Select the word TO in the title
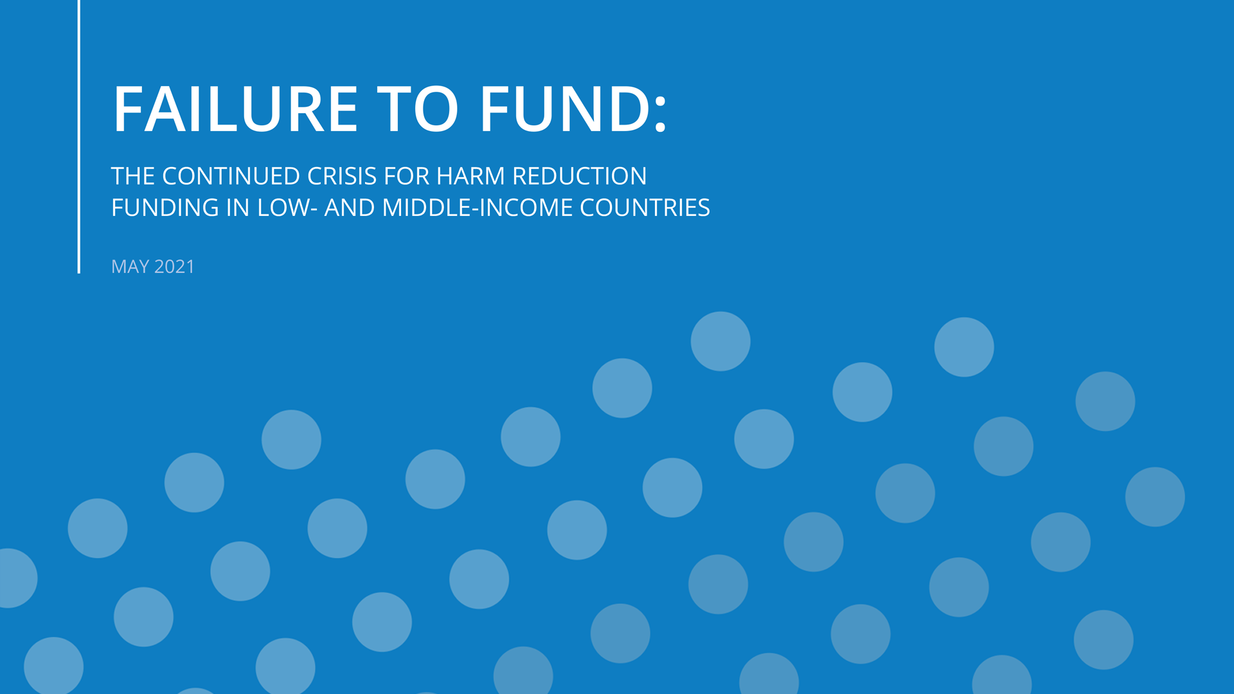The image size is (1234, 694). [x=418, y=109]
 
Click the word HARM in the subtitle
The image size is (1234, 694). [x=470, y=176]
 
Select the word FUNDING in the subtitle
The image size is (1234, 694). [x=165, y=208]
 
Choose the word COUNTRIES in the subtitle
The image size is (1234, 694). [x=645, y=208]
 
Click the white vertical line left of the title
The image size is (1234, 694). [x=79, y=136]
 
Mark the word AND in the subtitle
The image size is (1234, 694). [x=350, y=208]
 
